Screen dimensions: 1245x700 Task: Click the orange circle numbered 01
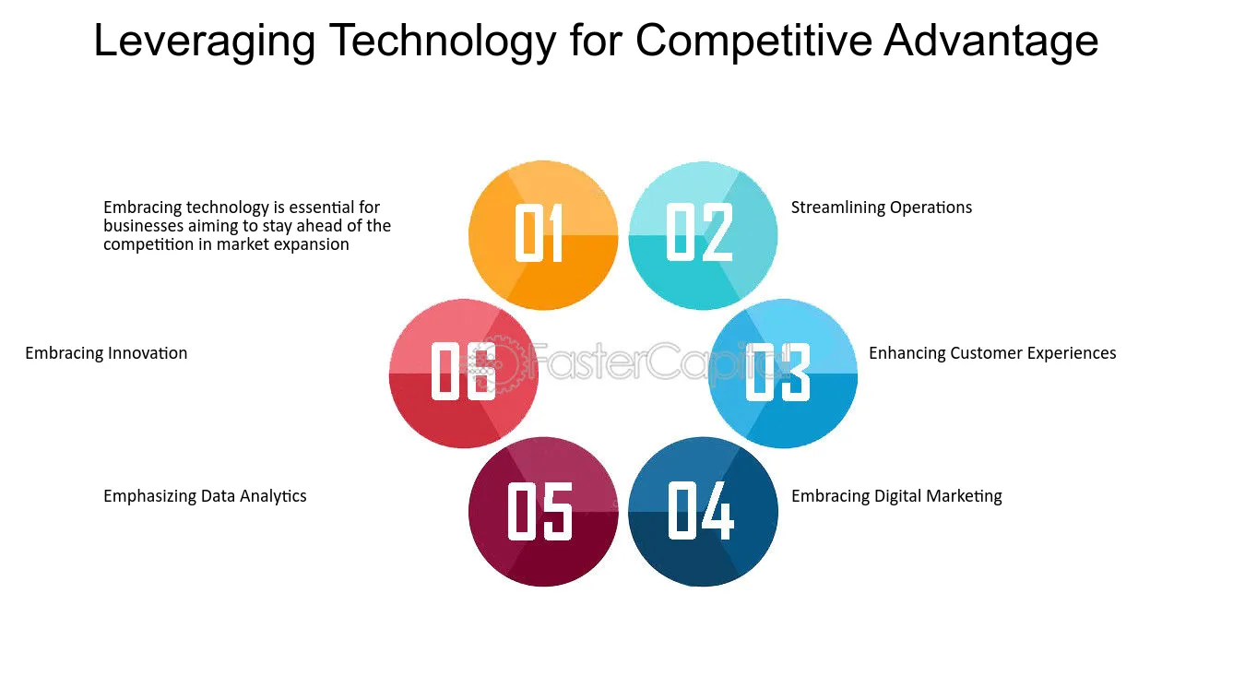coord(543,235)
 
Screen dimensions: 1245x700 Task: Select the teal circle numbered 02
coord(703,235)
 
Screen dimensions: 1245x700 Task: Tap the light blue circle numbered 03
coord(783,374)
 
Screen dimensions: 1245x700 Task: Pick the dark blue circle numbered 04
coord(703,512)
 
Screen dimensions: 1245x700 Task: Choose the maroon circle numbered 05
coord(543,512)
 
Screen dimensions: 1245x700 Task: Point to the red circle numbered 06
coord(464,374)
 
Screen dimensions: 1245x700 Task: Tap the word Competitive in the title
coord(753,42)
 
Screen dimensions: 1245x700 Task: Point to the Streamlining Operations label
coord(882,208)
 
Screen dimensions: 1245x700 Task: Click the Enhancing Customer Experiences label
coord(992,353)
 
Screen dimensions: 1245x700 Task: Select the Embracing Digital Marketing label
coord(896,496)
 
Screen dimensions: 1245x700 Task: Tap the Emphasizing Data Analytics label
coord(205,496)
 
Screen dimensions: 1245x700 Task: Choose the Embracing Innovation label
coord(106,353)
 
